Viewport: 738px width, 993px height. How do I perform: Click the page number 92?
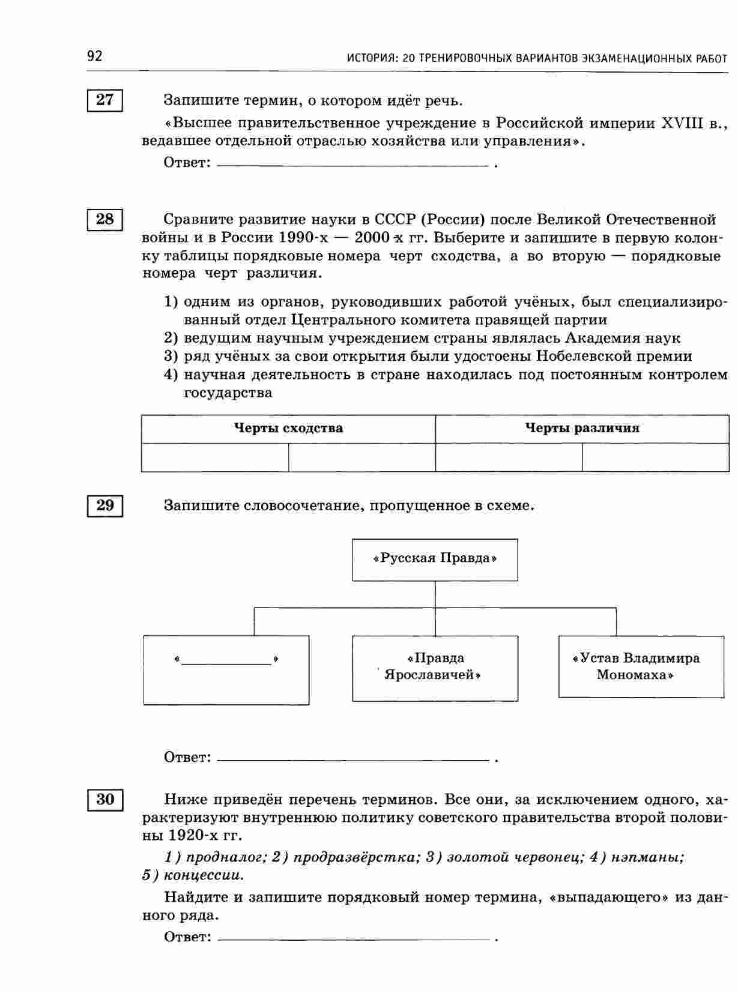click(x=95, y=56)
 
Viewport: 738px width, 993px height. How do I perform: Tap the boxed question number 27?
click(x=105, y=100)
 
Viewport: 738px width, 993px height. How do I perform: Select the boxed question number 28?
click(x=105, y=219)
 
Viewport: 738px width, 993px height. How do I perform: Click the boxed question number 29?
click(x=105, y=506)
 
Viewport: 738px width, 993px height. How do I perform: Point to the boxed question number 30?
click(x=105, y=800)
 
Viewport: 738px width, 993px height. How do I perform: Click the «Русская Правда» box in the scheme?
click(x=435, y=559)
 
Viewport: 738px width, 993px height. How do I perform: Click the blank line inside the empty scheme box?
click(x=226, y=662)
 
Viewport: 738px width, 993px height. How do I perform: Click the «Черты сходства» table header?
click(x=288, y=428)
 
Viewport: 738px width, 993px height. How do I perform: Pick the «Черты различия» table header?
click(x=582, y=428)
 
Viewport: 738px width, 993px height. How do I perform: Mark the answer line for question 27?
click(x=353, y=163)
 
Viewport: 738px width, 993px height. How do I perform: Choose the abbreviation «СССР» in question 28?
click(x=395, y=219)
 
